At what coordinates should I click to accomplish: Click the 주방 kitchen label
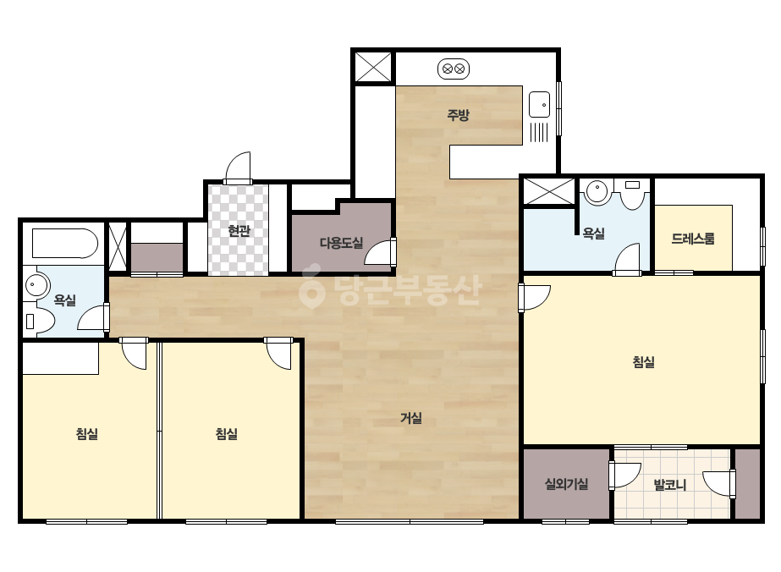point(458,116)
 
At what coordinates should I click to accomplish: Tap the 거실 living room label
point(411,417)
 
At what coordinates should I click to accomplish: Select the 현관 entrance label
point(239,231)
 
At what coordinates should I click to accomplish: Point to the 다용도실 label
point(341,243)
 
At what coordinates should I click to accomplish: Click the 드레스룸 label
point(693,238)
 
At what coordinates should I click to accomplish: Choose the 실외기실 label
point(566,483)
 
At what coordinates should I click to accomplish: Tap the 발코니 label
point(670,484)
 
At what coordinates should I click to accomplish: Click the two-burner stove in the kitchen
point(454,69)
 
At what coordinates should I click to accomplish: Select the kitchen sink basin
point(539,105)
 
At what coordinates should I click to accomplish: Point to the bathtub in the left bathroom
point(65,243)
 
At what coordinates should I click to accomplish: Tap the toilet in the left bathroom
point(39,321)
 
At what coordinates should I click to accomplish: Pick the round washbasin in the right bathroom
point(597,192)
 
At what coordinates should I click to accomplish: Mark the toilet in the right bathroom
point(633,195)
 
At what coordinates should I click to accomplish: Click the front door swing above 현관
point(238,168)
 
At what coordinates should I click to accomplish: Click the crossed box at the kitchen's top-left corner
point(373,67)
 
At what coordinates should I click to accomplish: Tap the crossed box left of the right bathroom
point(549,191)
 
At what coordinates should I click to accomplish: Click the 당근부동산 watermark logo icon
point(311,287)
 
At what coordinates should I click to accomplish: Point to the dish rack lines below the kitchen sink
point(539,132)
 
